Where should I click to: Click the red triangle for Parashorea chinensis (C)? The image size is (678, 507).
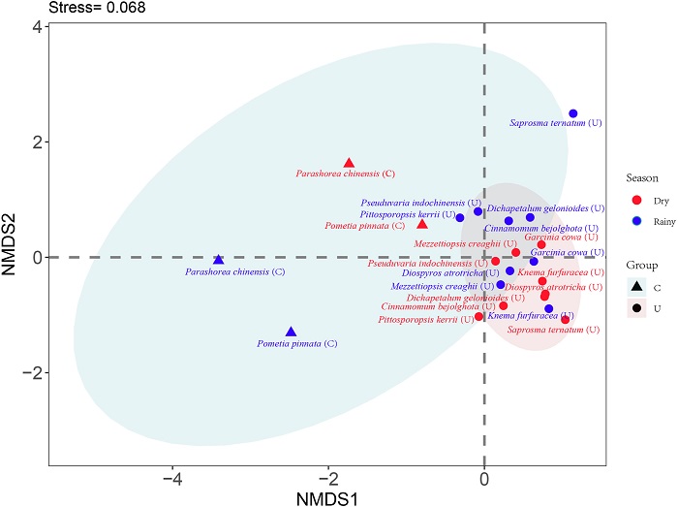click(x=350, y=163)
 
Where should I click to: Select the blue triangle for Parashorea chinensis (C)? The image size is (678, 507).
click(x=219, y=260)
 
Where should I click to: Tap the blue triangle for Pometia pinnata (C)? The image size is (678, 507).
click(x=291, y=332)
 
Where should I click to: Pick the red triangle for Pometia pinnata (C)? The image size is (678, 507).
click(x=422, y=224)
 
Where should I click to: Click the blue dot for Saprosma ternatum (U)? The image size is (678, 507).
click(x=573, y=113)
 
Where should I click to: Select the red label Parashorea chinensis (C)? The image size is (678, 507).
click(x=346, y=174)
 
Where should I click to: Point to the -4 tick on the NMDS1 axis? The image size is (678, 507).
click(x=173, y=478)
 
